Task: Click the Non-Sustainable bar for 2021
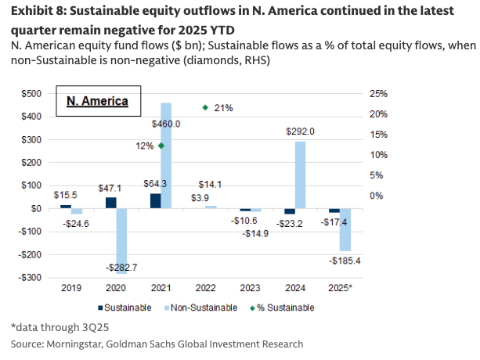click(166, 156)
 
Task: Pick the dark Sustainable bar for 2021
click(155, 201)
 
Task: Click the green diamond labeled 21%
click(205, 107)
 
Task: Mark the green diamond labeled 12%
click(161, 146)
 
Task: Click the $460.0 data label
click(166, 124)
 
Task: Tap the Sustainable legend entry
click(125, 308)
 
